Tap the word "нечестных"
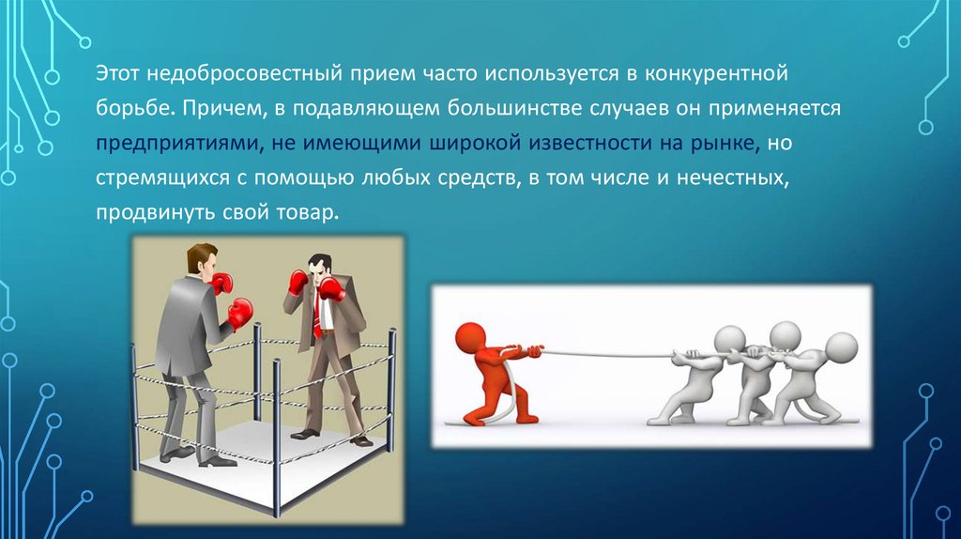pos(732,177)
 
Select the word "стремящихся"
pos(161,177)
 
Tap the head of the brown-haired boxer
pos(203,259)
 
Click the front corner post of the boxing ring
pos(277,438)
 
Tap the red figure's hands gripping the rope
pos(529,351)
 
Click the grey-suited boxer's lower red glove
pos(239,314)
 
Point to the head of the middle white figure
pos(786,336)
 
